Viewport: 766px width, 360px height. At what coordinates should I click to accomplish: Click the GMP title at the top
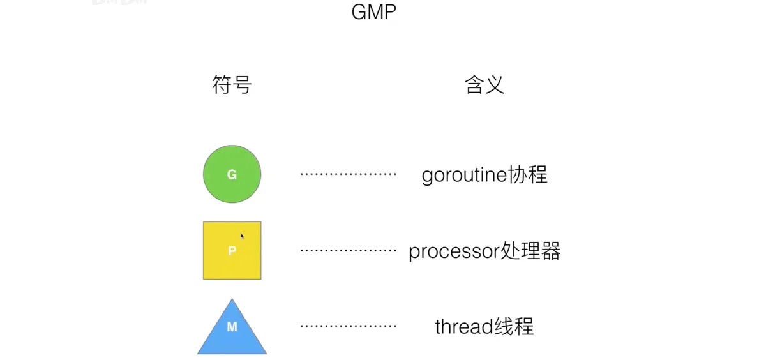pyautogui.click(x=374, y=12)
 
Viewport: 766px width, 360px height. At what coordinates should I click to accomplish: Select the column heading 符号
pyautogui.click(x=232, y=84)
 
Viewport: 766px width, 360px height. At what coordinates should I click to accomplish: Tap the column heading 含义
pyautogui.click(x=484, y=84)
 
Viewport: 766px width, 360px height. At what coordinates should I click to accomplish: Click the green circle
pyautogui.click(x=232, y=174)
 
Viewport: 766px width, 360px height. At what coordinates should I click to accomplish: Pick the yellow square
pyautogui.click(x=232, y=251)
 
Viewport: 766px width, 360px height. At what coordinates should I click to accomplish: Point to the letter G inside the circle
pyautogui.click(x=232, y=174)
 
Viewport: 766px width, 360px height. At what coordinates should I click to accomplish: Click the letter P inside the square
pyautogui.click(x=232, y=251)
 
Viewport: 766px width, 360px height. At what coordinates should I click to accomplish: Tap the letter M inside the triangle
pyautogui.click(x=232, y=327)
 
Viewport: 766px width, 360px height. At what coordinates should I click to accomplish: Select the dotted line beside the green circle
pyautogui.click(x=348, y=174)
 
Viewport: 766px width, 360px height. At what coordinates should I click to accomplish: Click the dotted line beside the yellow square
pyautogui.click(x=348, y=251)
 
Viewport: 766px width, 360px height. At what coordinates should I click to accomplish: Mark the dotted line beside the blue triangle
pyautogui.click(x=348, y=326)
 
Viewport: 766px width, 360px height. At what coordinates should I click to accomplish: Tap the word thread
pyautogui.click(x=464, y=326)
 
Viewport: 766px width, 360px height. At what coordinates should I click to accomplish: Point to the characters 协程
pyautogui.click(x=528, y=174)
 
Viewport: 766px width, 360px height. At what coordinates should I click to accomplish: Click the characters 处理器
pyautogui.click(x=530, y=251)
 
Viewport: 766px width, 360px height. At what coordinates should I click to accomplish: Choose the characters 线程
pyautogui.click(x=514, y=326)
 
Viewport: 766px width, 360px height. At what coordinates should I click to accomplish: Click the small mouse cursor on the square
pyautogui.click(x=242, y=236)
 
